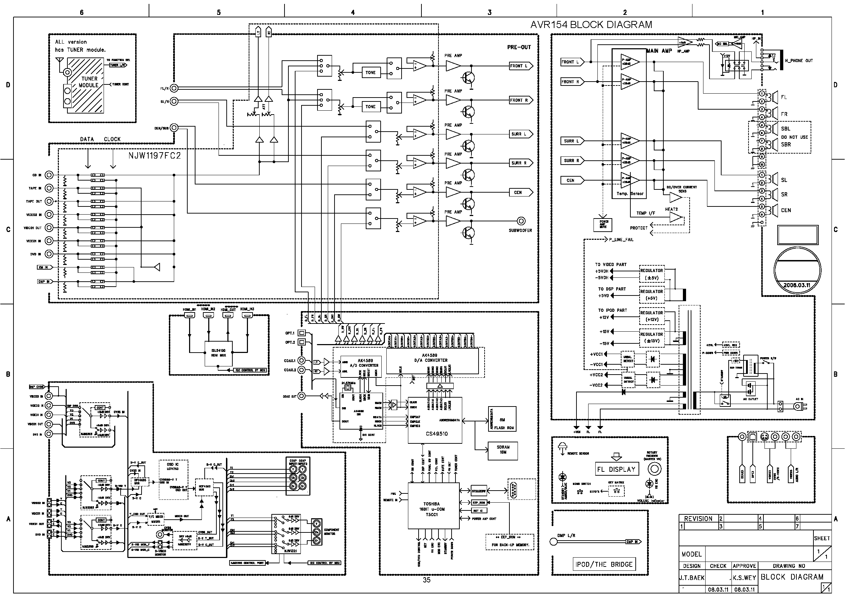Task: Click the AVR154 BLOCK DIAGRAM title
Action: pyautogui.click(x=591, y=25)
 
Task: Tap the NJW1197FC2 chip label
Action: pyautogui.click(x=155, y=156)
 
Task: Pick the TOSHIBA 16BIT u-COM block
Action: pyautogui.click(x=433, y=506)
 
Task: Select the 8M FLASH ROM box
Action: pyautogui.click(x=502, y=419)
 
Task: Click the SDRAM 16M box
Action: pyautogui.click(x=502, y=450)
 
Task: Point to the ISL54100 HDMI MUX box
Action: pyautogui.click(x=219, y=353)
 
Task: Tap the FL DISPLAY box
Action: pyautogui.click(x=617, y=469)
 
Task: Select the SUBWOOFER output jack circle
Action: pyautogui.click(x=521, y=221)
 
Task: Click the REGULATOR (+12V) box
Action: pyautogui.click(x=652, y=316)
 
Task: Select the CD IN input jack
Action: pyautogui.click(x=49, y=175)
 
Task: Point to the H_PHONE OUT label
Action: pyautogui.click(x=799, y=61)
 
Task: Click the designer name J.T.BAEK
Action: pyautogui.click(x=692, y=578)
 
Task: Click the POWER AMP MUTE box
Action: pyautogui.click(x=603, y=224)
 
